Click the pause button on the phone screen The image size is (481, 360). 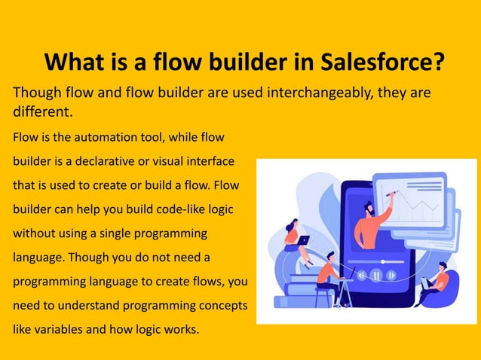[x=375, y=276]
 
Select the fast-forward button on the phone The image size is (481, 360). [x=391, y=276]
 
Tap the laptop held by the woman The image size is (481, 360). [x=302, y=241]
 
